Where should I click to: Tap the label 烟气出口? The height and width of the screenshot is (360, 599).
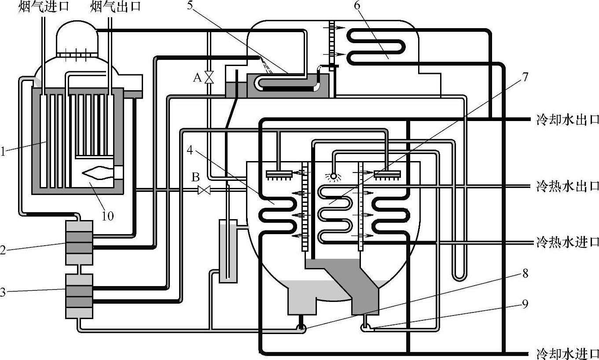(116, 7)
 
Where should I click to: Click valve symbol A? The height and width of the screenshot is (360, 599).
(209, 77)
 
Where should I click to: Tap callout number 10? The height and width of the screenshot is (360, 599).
(108, 216)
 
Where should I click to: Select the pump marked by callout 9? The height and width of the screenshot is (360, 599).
(365, 327)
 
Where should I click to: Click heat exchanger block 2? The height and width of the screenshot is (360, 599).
(79, 242)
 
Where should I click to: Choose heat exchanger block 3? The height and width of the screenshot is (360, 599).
(79, 296)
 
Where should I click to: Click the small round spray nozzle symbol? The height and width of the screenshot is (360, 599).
(333, 176)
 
